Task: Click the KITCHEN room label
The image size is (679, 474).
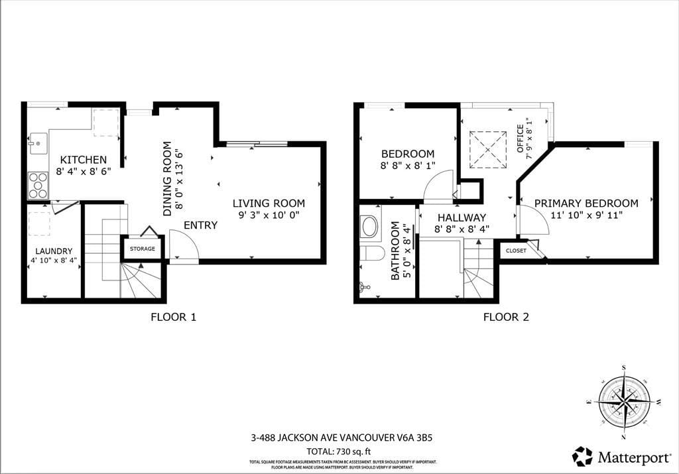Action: tap(84, 160)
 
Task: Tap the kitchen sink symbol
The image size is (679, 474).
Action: tap(37, 143)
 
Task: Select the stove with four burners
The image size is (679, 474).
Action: tap(38, 185)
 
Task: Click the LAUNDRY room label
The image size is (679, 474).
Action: tap(53, 251)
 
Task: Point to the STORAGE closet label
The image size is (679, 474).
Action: tap(143, 249)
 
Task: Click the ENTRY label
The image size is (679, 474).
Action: tap(200, 225)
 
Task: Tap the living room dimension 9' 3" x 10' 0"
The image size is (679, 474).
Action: tap(271, 215)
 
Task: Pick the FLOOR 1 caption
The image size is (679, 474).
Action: tap(173, 317)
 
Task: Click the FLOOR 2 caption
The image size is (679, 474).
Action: tap(506, 317)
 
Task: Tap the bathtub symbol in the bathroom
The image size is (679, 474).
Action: tap(369, 227)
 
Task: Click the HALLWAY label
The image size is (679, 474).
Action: tap(461, 217)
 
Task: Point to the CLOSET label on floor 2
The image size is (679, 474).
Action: tap(516, 251)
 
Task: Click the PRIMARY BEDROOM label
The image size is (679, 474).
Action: tap(586, 204)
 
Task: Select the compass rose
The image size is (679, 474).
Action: tap(623, 402)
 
